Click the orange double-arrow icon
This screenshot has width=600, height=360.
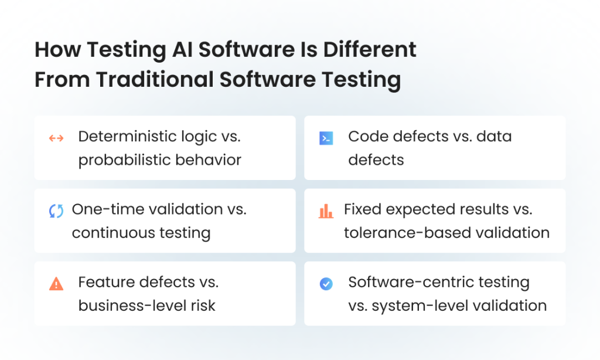(56, 138)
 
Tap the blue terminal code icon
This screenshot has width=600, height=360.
(326, 138)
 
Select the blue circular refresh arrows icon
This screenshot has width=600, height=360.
(56, 211)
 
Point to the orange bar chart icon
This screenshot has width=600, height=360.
(326, 211)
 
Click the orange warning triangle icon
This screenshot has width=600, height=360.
(56, 284)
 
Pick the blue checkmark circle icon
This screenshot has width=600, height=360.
(326, 284)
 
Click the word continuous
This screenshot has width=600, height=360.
(112, 233)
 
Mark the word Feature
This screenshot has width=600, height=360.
(106, 282)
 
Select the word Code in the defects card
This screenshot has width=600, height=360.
(368, 137)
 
